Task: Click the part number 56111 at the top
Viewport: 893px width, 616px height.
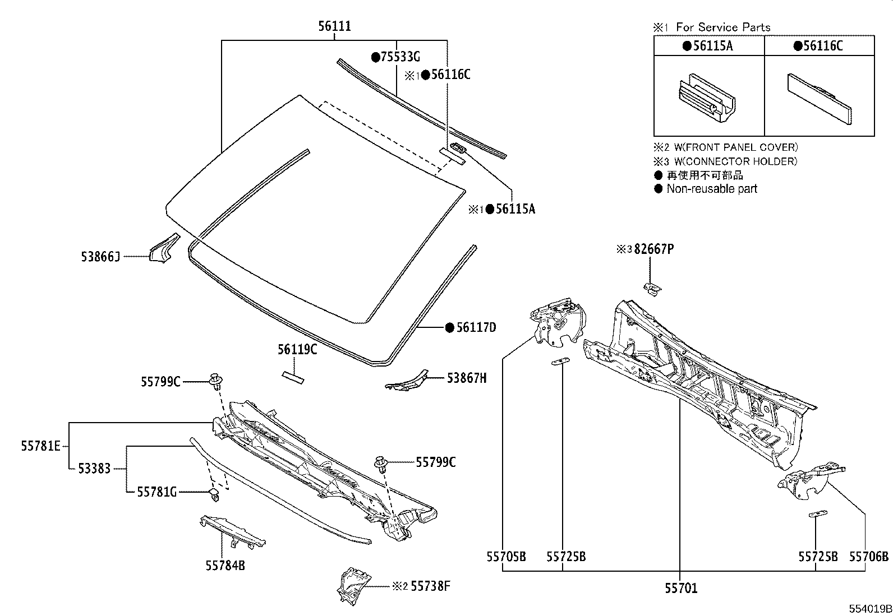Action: pyautogui.click(x=335, y=26)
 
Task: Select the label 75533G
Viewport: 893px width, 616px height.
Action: pyautogui.click(x=400, y=57)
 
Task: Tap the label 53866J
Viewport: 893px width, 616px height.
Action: pyautogui.click(x=100, y=257)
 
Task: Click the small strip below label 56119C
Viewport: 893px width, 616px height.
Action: pyautogui.click(x=292, y=376)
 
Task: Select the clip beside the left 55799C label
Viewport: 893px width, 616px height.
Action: pyautogui.click(x=216, y=381)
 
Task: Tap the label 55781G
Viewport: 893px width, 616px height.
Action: pyautogui.click(x=157, y=492)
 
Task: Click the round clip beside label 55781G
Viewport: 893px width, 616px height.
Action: pyautogui.click(x=214, y=494)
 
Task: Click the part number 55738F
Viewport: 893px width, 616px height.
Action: pyautogui.click(x=430, y=586)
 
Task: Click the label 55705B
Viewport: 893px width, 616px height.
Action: pyautogui.click(x=506, y=557)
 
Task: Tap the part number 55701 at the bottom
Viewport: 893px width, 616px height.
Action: pyautogui.click(x=681, y=588)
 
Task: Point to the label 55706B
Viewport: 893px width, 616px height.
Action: pyautogui.click(x=868, y=557)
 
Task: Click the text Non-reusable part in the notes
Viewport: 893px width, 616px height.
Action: pyautogui.click(x=711, y=189)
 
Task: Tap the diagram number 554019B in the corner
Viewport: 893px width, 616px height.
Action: pyautogui.click(x=869, y=608)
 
